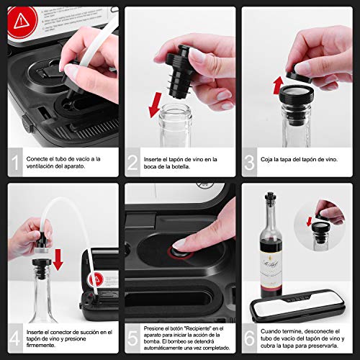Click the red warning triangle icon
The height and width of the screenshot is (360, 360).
[x=22, y=19]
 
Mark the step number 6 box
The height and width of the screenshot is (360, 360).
[x=251, y=338]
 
